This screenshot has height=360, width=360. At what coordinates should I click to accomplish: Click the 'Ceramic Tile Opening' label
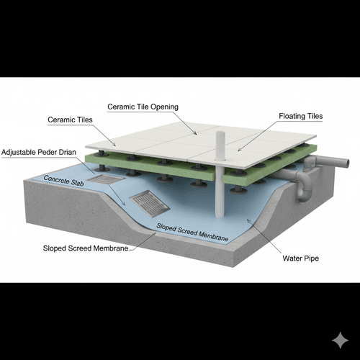pyautogui.click(x=143, y=107)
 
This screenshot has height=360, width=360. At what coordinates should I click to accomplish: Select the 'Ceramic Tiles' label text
pyautogui.click(x=70, y=120)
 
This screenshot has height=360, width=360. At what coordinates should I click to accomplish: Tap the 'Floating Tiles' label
pyautogui.click(x=301, y=116)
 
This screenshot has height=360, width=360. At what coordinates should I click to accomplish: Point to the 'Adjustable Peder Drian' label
pyautogui.click(x=39, y=152)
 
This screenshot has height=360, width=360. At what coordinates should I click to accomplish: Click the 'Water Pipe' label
pyautogui.click(x=301, y=258)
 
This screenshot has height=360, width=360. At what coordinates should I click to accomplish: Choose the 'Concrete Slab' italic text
pyautogui.click(x=63, y=181)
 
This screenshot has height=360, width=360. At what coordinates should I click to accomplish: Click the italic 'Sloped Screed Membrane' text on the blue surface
pyautogui.click(x=192, y=232)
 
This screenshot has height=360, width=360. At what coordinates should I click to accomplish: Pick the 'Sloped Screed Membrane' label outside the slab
pyautogui.click(x=86, y=248)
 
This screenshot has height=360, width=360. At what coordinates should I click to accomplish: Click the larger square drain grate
pyautogui.click(x=150, y=204)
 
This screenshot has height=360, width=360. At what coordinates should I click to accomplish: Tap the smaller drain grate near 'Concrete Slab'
pyautogui.click(x=106, y=179)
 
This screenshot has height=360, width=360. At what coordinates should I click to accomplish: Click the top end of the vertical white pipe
pyautogui.click(x=220, y=132)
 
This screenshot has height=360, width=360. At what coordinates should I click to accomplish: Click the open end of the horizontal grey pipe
pyautogui.click(x=347, y=163)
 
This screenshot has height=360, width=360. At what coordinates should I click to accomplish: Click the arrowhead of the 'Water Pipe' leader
pyautogui.click(x=248, y=220)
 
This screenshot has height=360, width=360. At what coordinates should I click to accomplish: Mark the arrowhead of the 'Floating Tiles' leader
pyautogui.click(x=238, y=150)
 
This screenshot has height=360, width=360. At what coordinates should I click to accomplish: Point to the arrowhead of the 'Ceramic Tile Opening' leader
pyautogui.click(x=196, y=133)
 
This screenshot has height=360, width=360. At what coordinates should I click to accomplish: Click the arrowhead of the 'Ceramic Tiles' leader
pyautogui.click(x=114, y=145)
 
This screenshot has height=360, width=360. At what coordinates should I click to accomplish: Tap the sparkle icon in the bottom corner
pyautogui.click(x=341, y=341)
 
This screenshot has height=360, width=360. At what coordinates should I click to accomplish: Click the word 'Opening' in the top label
pyautogui.click(x=164, y=107)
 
